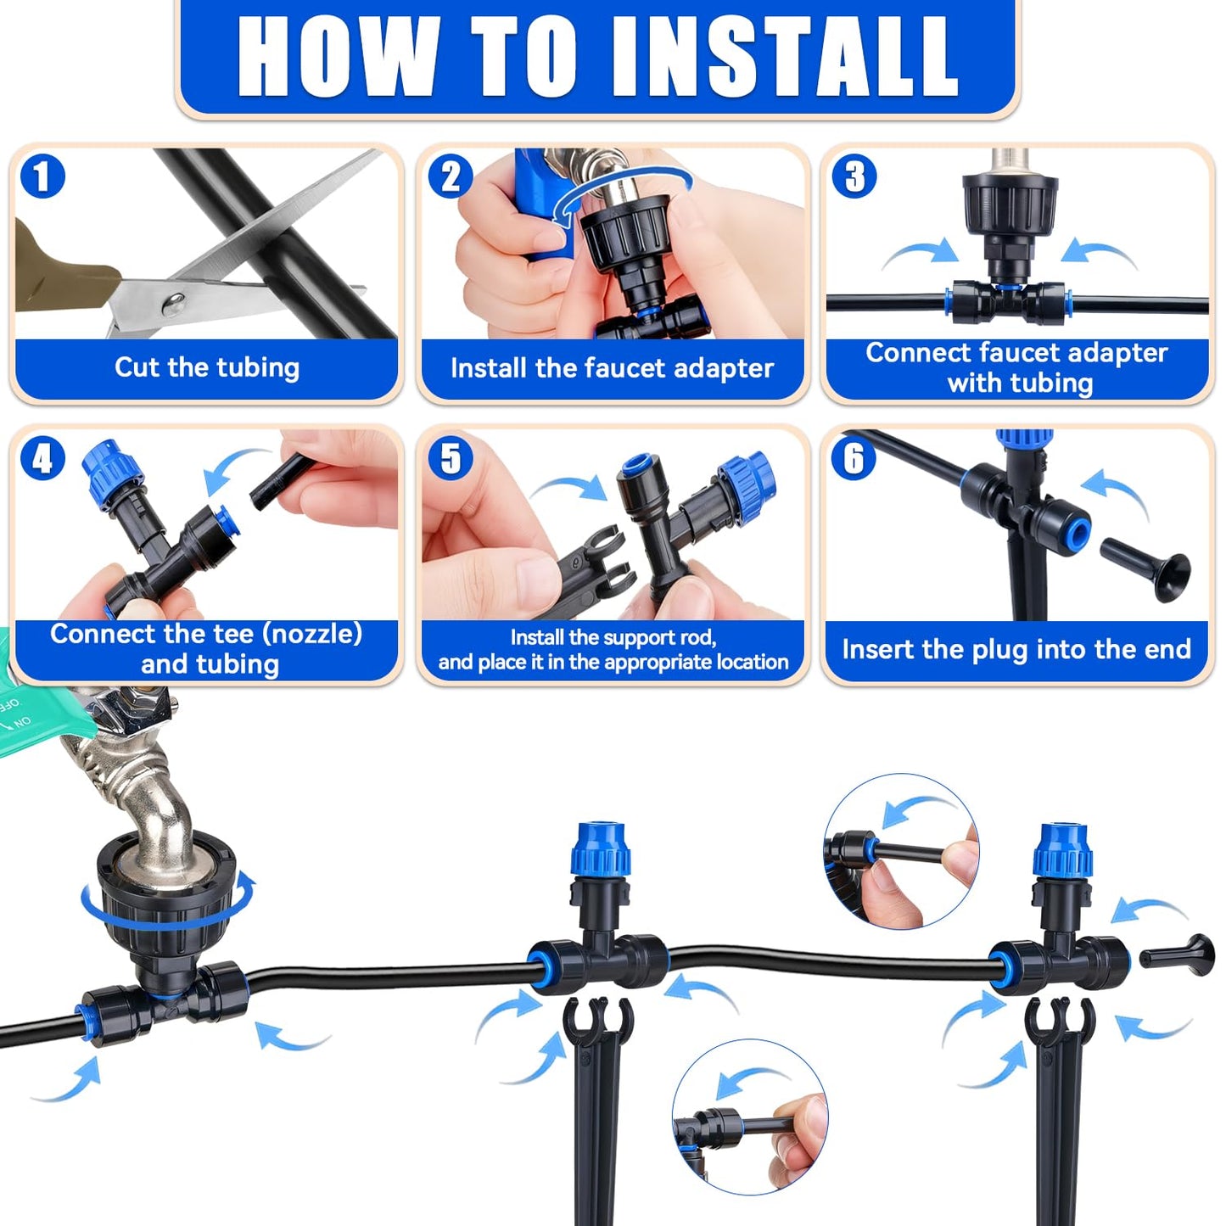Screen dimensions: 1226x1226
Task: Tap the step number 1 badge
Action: point(42,176)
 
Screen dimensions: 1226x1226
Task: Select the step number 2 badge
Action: point(450,176)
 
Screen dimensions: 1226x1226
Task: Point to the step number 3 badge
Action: point(854,176)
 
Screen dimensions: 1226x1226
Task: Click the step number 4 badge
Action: point(42,459)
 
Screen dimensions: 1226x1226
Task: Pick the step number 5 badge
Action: point(450,459)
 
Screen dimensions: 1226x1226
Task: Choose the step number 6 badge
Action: point(854,459)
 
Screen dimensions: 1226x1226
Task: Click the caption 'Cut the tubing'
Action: point(207,367)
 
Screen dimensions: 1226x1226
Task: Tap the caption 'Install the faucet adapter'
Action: point(612,368)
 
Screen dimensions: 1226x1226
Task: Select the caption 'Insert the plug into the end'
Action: point(1016,649)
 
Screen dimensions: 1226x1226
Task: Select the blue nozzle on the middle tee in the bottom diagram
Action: point(602,849)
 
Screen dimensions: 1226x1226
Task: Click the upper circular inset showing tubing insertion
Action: point(901,850)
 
